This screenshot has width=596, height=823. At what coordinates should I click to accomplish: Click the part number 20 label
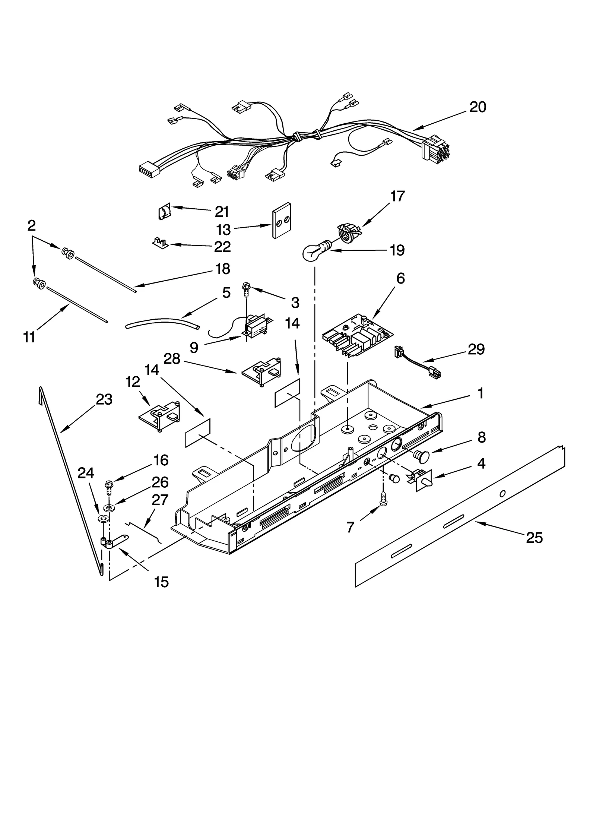pos(478,107)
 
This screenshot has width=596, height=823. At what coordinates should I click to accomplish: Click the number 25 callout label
pos(534,538)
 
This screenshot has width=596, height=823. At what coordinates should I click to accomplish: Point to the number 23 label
pos(104,399)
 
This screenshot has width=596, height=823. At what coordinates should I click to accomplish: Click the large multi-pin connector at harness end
pos(435,147)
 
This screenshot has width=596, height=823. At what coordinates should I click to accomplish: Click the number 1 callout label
pos(481,393)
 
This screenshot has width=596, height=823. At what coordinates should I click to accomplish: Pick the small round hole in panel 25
pos(502,494)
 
